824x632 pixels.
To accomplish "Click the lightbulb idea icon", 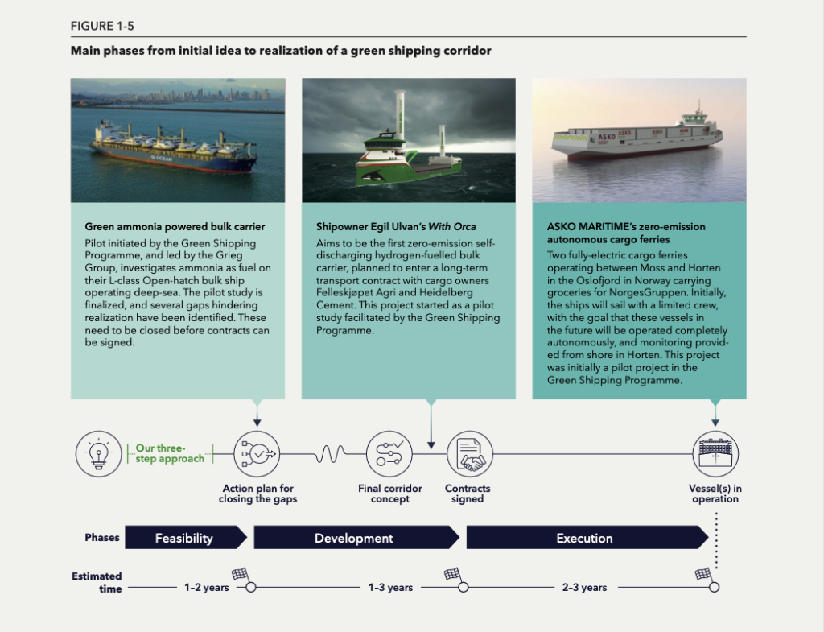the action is (x=98, y=454).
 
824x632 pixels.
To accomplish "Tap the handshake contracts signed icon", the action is (x=469, y=454).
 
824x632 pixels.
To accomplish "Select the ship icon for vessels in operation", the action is (x=715, y=454).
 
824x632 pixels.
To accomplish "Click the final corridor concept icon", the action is (x=389, y=454).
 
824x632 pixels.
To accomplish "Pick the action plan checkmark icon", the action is (x=257, y=454).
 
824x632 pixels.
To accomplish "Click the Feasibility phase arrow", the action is (x=186, y=537).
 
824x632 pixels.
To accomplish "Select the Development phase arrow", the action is (x=356, y=537).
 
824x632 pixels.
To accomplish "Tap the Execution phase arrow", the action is (x=587, y=537).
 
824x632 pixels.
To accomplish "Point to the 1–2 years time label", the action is (x=207, y=587).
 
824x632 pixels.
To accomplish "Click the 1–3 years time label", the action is (x=390, y=587).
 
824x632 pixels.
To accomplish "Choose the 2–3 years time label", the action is (x=584, y=587).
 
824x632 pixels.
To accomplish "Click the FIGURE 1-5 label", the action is (x=102, y=26).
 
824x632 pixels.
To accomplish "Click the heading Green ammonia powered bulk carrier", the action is (x=175, y=226).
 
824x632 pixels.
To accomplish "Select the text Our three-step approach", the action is (x=170, y=453).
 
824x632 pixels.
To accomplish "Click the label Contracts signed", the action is (x=468, y=494).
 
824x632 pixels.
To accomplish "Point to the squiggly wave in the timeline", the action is (x=331, y=454).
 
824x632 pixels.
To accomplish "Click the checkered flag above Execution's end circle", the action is (x=703, y=574).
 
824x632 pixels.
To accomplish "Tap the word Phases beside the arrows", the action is (x=102, y=537).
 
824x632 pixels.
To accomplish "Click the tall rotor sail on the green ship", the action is (x=401, y=114).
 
